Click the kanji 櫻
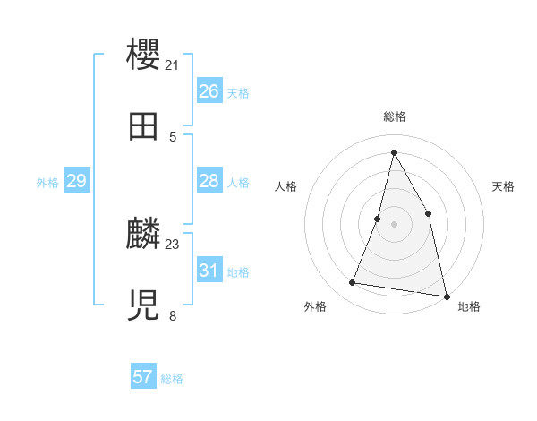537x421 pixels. pyautogui.click(x=144, y=54)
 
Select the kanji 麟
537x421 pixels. pyautogui.click(x=144, y=234)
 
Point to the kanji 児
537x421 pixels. pyautogui.click(x=144, y=305)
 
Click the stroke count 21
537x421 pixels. pyautogui.click(x=172, y=64)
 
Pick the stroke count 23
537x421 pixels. pyautogui.click(x=172, y=244)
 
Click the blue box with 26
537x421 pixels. pyautogui.click(x=209, y=91)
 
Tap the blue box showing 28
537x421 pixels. pyautogui.click(x=209, y=181)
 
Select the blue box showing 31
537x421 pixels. pyautogui.click(x=209, y=270)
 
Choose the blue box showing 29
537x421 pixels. pyautogui.click(x=76, y=181)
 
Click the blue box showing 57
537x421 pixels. pyautogui.click(x=143, y=377)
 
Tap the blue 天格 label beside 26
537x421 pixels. pyautogui.click(x=238, y=93)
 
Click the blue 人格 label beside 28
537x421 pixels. pyautogui.click(x=238, y=183)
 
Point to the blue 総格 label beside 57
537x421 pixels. pyautogui.click(x=172, y=379)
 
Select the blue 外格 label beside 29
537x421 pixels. pyautogui.click(x=47, y=183)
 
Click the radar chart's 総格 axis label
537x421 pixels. pyautogui.click(x=394, y=116)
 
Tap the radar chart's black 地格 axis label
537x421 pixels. pyautogui.click(x=469, y=306)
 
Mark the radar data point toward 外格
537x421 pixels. pyautogui.click(x=353, y=283)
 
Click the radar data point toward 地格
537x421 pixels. pyautogui.click(x=446, y=296)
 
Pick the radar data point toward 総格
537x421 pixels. pyautogui.click(x=394, y=151)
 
